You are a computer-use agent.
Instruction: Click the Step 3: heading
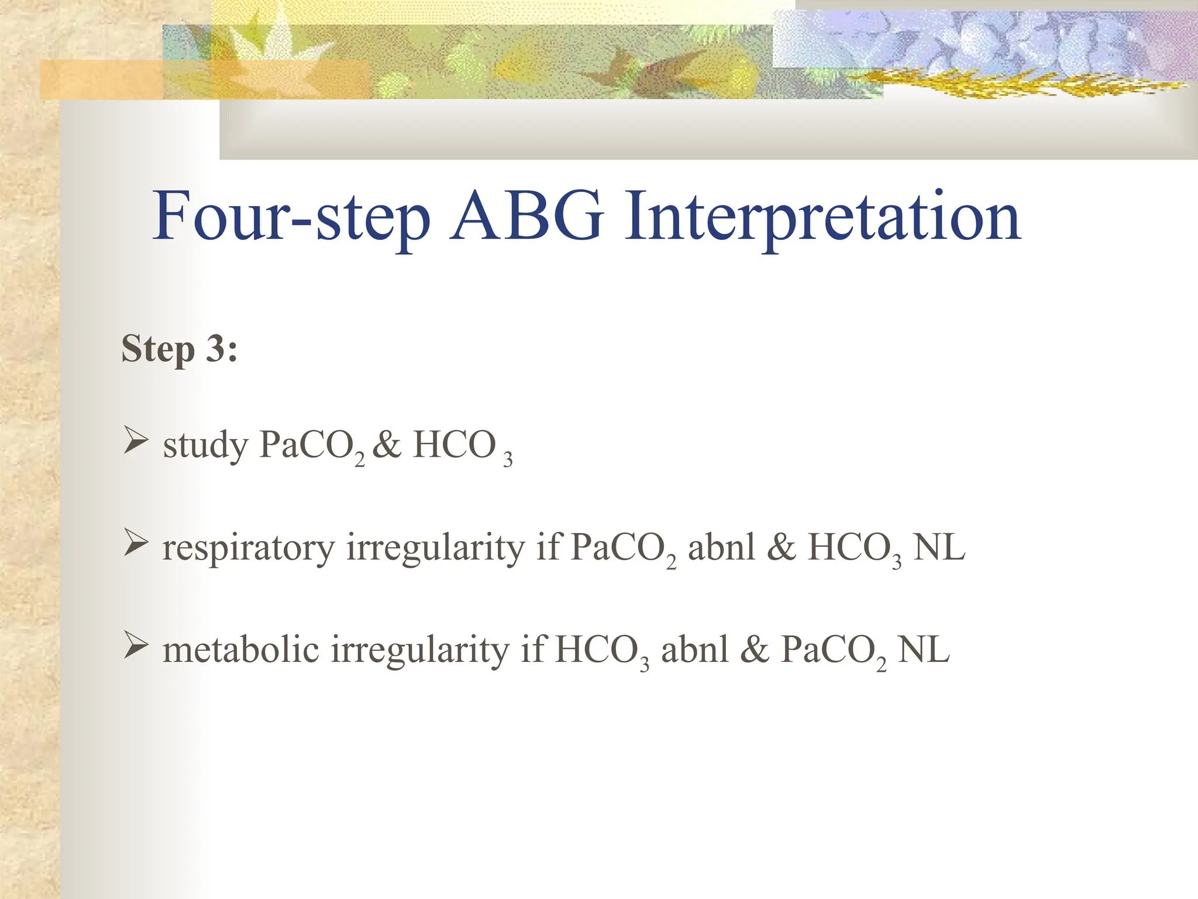point(179,349)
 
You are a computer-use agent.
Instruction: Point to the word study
point(205,445)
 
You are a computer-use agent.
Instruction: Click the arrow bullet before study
point(135,442)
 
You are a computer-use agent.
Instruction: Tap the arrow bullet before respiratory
point(135,545)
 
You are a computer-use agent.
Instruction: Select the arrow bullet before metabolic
point(135,647)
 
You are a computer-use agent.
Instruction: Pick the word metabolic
point(240,650)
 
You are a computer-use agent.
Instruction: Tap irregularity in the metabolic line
point(420,651)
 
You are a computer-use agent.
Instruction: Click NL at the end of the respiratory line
point(939,548)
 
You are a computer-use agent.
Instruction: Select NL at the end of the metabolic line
point(923,650)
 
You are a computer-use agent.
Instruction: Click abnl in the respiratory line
point(721,548)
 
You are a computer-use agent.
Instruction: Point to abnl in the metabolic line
point(694,650)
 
